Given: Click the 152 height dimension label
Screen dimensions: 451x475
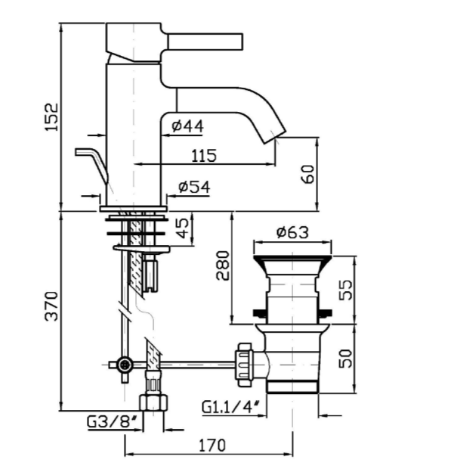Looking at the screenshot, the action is [51, 117].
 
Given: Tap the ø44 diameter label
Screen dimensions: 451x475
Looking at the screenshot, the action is [187, 126].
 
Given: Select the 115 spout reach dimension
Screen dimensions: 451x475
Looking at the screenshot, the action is [204, 156].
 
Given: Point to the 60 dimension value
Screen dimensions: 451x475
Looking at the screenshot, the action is [308, 174].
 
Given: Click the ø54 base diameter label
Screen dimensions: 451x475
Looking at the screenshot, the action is [194, 187].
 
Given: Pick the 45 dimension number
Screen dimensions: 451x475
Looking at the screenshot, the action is [182, 228].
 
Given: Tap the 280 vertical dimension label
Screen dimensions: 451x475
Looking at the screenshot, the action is [223, 265].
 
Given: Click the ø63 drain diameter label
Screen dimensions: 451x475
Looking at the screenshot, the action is [292, 233].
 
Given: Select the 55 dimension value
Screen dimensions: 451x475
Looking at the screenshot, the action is [345, 290].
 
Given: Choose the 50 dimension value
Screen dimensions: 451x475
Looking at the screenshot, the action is [345, 359].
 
